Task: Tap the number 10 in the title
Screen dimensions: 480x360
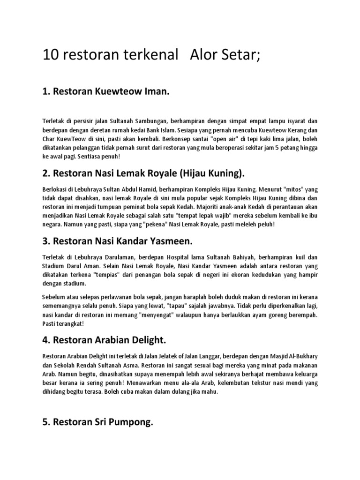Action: (x=50, y=56)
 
